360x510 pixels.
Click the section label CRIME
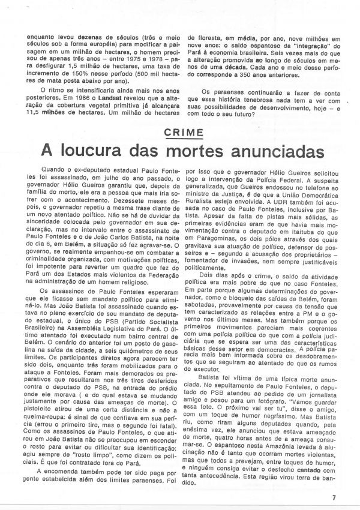180,132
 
